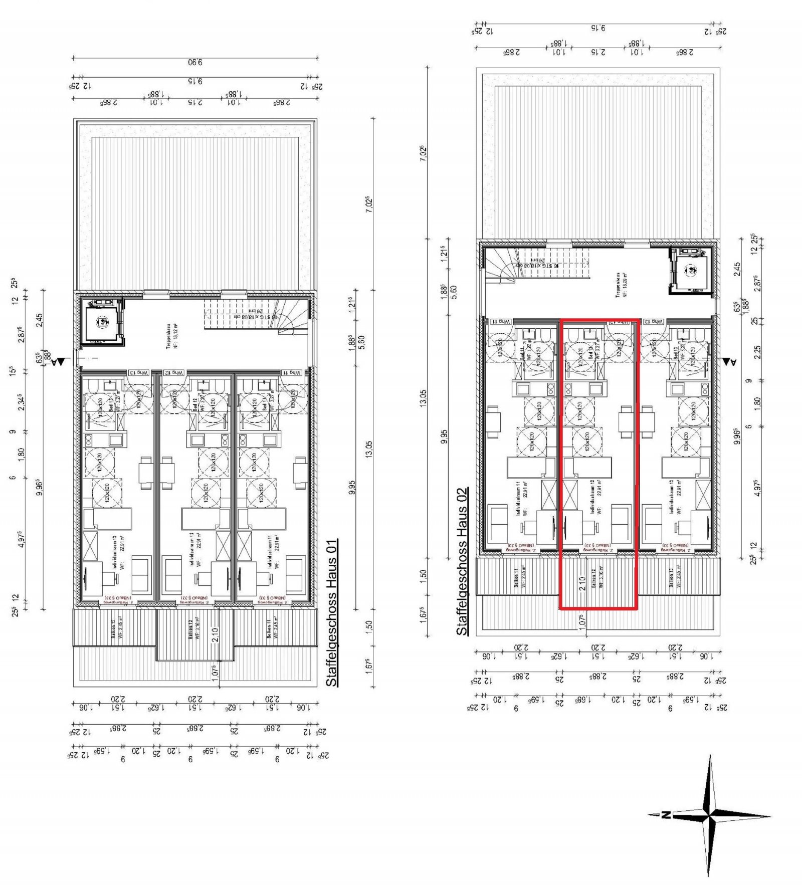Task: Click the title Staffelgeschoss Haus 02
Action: point(462,562)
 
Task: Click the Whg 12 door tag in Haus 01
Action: point(174,373)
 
